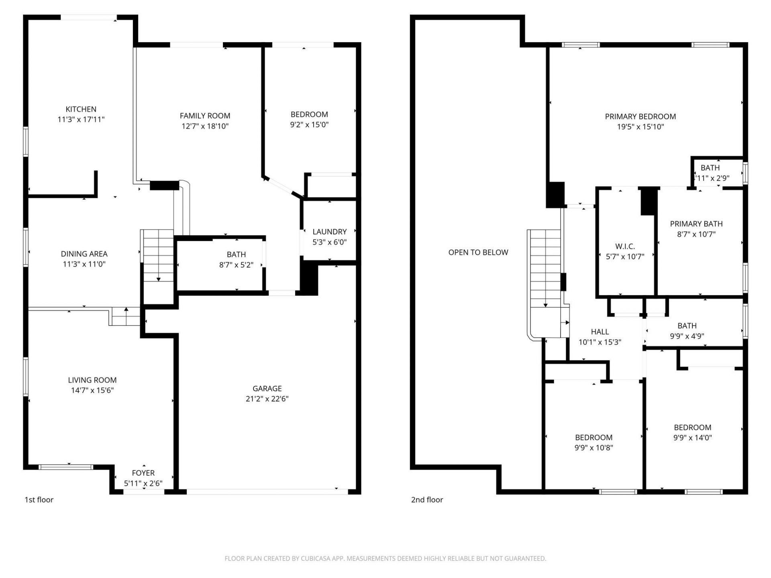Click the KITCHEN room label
tap(81, 109)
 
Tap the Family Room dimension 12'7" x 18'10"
tap(205, 126)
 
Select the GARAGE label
tap(267, 388)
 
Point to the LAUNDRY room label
tap(329, 232)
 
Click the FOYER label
tap(143, 473)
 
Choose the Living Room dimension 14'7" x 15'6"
tap(92, 390)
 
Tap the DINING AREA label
tap(84, 254)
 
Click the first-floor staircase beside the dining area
tap(158, 257)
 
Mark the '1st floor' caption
tap(39, 500)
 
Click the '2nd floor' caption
tap(427, 500)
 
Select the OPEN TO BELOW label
tap(478, 252)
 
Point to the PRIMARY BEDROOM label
tap(640, 116)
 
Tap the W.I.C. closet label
tap(625, 246)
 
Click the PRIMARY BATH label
tap(696, 224)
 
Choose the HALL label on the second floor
tap(600, 332)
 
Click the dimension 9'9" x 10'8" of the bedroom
tap(594, 448)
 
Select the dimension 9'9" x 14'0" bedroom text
tap(692, 438)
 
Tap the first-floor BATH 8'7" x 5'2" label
tap(236, 254)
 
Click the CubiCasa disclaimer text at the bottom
tap(385, 558)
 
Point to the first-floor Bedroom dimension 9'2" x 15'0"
tap(309, 124)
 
